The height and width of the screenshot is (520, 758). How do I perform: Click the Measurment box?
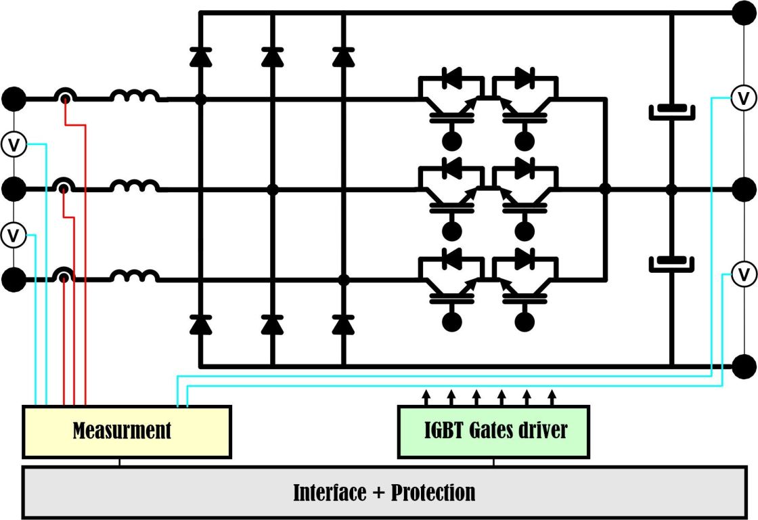(127, 431)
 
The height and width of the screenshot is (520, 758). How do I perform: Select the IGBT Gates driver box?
(493, 431)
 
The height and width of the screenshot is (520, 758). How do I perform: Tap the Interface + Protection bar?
(384, 492)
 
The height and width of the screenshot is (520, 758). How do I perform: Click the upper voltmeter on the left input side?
(14, 144)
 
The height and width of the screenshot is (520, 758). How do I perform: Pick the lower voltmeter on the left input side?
(14, 235)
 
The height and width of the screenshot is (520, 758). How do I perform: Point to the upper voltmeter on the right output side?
(744, 98)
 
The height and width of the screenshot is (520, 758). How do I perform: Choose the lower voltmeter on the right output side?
(744, 275)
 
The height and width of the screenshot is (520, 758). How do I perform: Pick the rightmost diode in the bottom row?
(344, 326)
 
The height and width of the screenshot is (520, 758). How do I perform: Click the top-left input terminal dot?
(14, 99)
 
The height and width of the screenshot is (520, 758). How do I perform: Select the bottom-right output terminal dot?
(744, 366)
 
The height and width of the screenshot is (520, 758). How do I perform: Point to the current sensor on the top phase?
(65, 98)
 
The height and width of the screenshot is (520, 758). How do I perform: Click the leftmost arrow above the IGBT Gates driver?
(426, 395)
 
